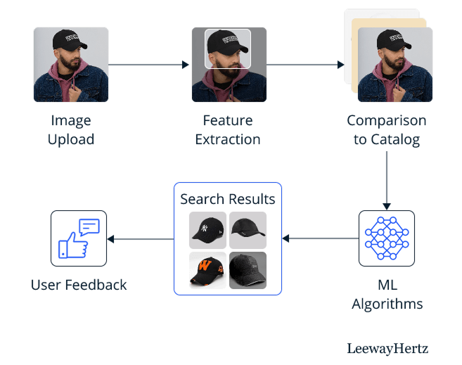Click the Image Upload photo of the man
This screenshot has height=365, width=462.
tap(71, 65)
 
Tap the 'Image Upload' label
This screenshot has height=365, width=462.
tap(71, 129)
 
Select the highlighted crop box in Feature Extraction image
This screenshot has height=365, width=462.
tap(227, 49)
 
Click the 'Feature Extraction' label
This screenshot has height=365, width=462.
tap(228, 129)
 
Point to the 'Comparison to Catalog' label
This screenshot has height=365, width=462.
tap(386, 129)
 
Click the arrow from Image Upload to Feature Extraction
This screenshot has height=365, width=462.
tap(150, 65)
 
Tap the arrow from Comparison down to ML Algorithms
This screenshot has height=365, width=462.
tap(386, 180)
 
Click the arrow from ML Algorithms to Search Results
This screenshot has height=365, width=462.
tap(320, 238)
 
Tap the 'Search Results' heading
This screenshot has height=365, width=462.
tap(228, 199)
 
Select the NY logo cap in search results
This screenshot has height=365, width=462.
tap(207, 230)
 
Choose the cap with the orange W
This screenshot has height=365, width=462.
tap(207, 270)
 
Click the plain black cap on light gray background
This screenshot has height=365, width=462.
tap(248, 230)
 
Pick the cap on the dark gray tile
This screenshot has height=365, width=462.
tap(248, 270)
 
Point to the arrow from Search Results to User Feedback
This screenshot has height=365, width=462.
tap(141, 238)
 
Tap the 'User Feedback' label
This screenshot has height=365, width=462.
tap(79, 285)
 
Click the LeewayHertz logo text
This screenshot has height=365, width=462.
tap(387, 348)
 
